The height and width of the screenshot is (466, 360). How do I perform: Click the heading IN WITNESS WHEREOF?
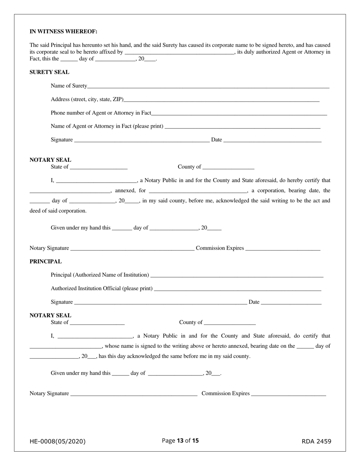point(63,31)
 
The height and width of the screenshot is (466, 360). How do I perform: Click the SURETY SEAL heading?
point(49,72)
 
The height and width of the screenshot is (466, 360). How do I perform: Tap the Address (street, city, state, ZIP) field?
point(221,100)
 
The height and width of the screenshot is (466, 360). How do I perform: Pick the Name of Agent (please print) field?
point(243,127)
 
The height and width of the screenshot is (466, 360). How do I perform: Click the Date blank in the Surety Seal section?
point(272,140)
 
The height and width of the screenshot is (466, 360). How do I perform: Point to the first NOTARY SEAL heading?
point(50,160)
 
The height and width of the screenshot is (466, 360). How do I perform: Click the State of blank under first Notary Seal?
point(99,167)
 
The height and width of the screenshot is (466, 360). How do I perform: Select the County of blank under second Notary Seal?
point(229,323)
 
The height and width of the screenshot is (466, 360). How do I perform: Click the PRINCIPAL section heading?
point(45,261)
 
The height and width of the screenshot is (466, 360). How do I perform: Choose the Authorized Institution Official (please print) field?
point(238,289)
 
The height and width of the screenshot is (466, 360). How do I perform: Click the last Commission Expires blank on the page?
point(288,394)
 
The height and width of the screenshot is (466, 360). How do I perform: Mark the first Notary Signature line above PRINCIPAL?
point(132,249)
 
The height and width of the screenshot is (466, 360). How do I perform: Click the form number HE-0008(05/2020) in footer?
point(58,441)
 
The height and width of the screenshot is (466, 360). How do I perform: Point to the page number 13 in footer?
point(180,441)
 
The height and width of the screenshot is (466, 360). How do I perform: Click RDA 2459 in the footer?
point(316,441)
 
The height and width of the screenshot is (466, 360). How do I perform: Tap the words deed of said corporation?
point(58,211)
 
